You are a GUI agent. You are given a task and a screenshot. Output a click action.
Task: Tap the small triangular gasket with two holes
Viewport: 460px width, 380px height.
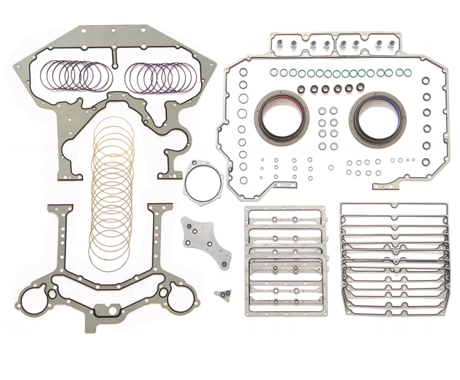223,295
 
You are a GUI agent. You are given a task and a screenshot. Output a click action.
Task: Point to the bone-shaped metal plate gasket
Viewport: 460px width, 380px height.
206,242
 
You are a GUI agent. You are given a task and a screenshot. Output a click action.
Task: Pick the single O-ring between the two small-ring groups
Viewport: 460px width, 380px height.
331,167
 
